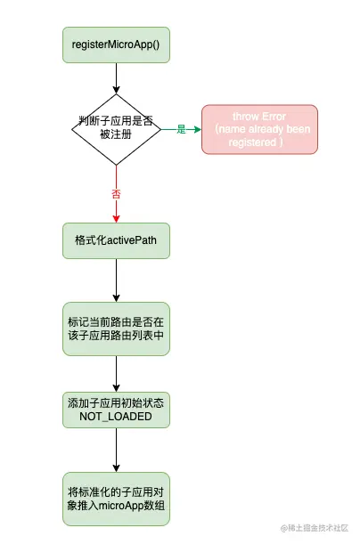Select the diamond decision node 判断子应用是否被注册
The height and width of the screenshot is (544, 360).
click(116, 129)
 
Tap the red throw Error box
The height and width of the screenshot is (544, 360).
click(259, 129)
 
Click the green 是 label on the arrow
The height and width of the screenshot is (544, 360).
click(181, 130)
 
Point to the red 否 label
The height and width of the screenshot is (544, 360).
click(116, 193)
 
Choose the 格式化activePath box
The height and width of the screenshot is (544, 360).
click(116, 240)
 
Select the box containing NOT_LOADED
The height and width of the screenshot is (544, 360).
click(116, 410)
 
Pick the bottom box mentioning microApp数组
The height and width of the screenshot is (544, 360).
click(116, 499)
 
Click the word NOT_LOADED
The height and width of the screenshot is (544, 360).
click(116, 417)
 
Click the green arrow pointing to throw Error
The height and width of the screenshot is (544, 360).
click(192, 130)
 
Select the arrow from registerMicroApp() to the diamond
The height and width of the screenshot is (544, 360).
click(116, 78)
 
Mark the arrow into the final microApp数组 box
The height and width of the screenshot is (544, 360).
click(116, 454)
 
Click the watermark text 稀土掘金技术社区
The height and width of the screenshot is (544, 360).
click(316, 530)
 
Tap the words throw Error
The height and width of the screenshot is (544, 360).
click(259, 117)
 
